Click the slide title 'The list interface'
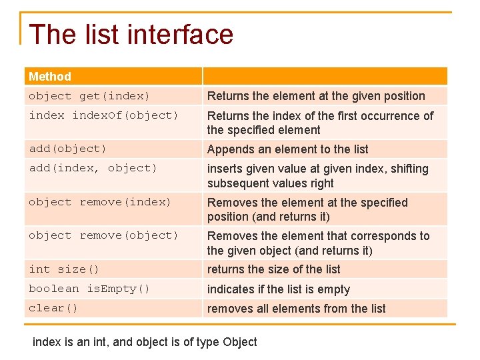[131, 35]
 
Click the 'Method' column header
[50, 77]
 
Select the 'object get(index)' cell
[89, 96]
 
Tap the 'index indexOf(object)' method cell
[104, 115]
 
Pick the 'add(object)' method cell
[67, 149]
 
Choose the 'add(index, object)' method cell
[93, 168]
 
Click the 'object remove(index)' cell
[100, 202]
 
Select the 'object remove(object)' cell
[103, 235]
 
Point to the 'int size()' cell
[64, 269]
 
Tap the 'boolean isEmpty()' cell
[89, 289]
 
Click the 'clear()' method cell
[53, 308]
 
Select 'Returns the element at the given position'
[316, 96]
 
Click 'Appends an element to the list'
[287, 149]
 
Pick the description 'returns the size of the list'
[273, 269]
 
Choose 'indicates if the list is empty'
[278, 289]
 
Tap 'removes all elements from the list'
[296, 309]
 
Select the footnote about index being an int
[145, 342]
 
